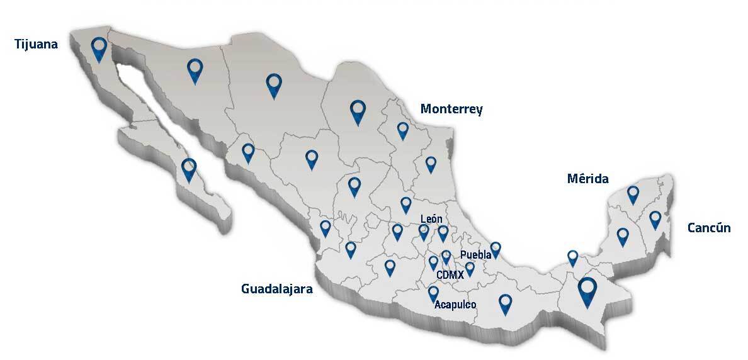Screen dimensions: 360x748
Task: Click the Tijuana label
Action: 37,44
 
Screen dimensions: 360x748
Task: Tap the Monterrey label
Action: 451,109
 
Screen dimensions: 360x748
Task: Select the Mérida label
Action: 587,179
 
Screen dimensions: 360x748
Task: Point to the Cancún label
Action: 709,227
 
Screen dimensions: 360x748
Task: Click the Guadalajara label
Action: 276,289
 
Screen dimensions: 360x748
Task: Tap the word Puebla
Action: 475,254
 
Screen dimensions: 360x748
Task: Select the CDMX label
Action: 450,274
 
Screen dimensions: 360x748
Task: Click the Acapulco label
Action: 455,305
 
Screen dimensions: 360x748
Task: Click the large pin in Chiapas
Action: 587,291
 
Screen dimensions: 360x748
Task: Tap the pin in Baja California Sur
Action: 189,169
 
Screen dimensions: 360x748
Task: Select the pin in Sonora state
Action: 196,70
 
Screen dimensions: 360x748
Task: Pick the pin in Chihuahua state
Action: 273,85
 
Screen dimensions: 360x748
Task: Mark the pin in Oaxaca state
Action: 505,303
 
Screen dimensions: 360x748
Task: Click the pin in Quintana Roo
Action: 655,219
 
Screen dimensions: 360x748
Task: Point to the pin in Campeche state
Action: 623,236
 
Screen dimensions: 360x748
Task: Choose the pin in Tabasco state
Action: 572,257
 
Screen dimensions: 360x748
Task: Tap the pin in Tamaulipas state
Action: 431,164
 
